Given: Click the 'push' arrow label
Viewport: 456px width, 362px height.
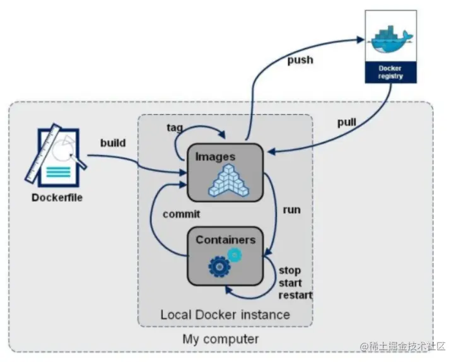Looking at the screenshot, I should point(300,61).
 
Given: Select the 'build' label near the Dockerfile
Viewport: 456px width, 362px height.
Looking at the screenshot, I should point(113,143).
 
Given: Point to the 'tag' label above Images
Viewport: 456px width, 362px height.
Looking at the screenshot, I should point(175,127).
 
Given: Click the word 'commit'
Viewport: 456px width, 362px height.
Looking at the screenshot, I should point(181,214).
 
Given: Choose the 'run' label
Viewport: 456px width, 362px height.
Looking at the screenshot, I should point(291,209).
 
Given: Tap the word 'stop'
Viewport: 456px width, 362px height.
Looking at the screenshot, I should point(289,271).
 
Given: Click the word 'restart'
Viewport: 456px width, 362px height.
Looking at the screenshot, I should point(295,295).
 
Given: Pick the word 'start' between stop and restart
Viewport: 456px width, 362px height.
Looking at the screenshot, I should point(291,283).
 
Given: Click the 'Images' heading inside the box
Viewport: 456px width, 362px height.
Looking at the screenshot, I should point(215,156).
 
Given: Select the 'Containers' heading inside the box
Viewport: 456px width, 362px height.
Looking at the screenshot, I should point(225,240).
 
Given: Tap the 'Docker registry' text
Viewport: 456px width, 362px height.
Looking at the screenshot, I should point(391,71).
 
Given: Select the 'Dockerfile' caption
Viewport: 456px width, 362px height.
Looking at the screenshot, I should point(57,197).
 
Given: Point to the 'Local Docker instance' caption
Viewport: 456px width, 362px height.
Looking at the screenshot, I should point(225,314).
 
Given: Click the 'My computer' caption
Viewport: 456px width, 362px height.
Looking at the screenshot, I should point(221,339).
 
